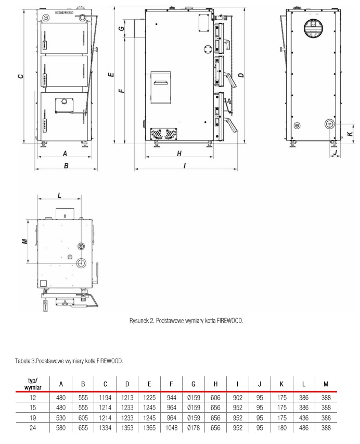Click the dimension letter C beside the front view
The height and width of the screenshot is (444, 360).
(20, 76)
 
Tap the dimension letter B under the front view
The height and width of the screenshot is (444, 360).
(66, 166)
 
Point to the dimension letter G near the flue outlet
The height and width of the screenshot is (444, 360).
(121, 28)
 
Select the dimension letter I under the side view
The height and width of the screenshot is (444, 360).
(185, 166)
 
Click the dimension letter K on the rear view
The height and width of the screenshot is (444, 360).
(351, 134)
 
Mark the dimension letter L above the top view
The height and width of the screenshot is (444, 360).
(59, 195)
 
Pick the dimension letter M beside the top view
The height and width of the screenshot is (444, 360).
(25, 242)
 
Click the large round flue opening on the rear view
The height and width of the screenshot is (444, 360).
(313, 29)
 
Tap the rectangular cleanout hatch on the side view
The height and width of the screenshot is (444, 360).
(161, 87)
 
